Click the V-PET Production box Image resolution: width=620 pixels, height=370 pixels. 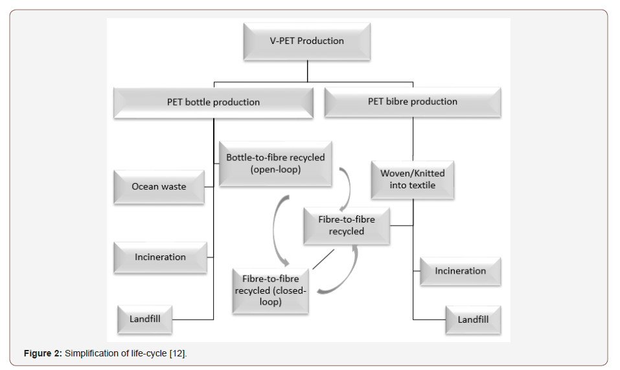pyautogui.click(x=306, y=41)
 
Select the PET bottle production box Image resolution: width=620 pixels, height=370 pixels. pyautogui.click(x=213, y=102)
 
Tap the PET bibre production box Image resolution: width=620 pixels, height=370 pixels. pyautogui.click(x=412, y=102)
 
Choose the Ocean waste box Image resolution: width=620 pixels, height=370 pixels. pyautogui.click(x=159, y=186)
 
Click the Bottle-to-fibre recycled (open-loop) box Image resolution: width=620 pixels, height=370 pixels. pyautogui.click(x=275, y=164)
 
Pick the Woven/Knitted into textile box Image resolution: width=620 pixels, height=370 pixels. pyautogui.click(x=412, y=179)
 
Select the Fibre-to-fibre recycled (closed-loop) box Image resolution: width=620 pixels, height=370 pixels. pyautogui.click(x=270, y=290)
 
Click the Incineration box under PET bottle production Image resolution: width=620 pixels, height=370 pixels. pyautogui.click(x=160, y=257)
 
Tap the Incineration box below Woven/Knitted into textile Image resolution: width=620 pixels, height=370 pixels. pyautogui.click(x=460, y=270)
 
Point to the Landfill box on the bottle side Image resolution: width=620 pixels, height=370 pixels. pyautogui.click(x=144, y=319)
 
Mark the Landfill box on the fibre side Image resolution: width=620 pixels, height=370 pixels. pyautogui.click(x=473, y=320)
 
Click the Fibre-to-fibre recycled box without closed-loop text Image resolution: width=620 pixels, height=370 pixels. pyautogui.click(x=346, y=225)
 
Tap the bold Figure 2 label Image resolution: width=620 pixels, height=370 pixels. pyautogui.click(x=43, y=354)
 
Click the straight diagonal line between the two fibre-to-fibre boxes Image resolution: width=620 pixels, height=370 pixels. pyautogui.click(x=323, y=259)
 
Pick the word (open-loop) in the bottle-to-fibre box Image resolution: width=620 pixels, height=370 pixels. pyautogui.click(x=275, y=170)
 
